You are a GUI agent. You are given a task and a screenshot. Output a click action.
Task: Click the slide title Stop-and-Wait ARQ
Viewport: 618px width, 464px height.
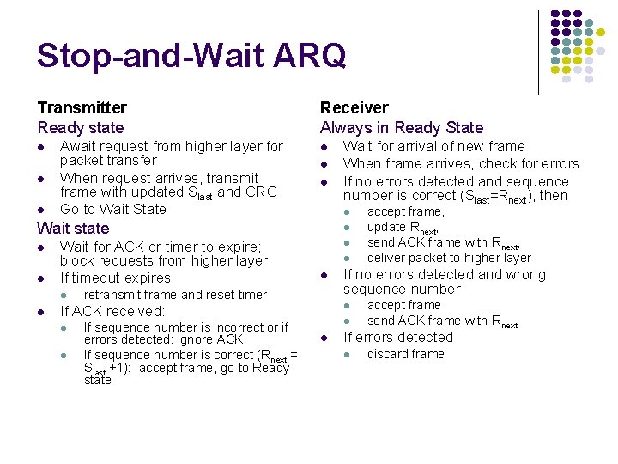pyautogui.click(x=191, y=56)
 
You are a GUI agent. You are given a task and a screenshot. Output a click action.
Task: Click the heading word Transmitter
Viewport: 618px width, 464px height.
pyautogui.click(x=82, y=107)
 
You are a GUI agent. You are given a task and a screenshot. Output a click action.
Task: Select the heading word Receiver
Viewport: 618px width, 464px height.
pyautogui.click(x=354, y=107)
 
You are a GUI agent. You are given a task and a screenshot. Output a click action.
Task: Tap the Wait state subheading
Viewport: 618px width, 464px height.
pyautogui.click(x=73, y=228)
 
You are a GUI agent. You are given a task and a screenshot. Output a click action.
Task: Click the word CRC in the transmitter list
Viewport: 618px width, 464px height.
pyautogui.click(x=261, y=192)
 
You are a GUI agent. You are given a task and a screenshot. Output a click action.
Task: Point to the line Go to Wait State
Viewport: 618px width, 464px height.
pyautogui.click(x=112, y=209)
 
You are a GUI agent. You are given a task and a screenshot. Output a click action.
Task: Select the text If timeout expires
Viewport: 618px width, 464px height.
pyautogui.click(x=115, y=278)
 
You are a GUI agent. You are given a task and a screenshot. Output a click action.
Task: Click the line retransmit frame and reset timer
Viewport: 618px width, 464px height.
pyautogui.click(x=175, y=295)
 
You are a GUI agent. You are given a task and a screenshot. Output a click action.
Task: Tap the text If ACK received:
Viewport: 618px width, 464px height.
pyautogui.click(x=112, y=311)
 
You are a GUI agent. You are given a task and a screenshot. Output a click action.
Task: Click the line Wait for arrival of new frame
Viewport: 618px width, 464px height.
pyautogui.click(x=433, y=146)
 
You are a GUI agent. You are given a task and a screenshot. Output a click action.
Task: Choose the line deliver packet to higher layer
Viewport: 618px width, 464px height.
pyautogui.click(x=449, y=258)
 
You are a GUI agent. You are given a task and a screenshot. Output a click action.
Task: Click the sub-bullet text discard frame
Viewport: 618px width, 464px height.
pyautogui.click(x=405, y=354)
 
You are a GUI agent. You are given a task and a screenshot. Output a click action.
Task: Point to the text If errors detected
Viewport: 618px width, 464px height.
pyautogui.click(x=397, y=337)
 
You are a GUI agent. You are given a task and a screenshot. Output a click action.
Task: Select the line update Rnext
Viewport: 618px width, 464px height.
pyautogui.click(x=403, y=228)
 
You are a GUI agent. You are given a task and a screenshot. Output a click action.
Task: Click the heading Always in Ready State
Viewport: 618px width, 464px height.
pyautogui.click(x=402, y=127)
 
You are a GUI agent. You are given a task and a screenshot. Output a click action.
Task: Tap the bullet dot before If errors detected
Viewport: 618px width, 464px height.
pyautogui.click(x=324, y=338)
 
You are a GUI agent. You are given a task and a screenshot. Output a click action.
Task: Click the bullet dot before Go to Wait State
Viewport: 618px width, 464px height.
pyautogui.click(x=41, y=210)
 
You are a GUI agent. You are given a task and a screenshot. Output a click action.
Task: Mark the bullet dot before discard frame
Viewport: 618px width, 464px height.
pyautogui.click(x=348, y=354)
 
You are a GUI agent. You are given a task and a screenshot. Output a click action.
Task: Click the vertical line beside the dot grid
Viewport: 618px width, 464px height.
pyautogui.click(x=538, y=52)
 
